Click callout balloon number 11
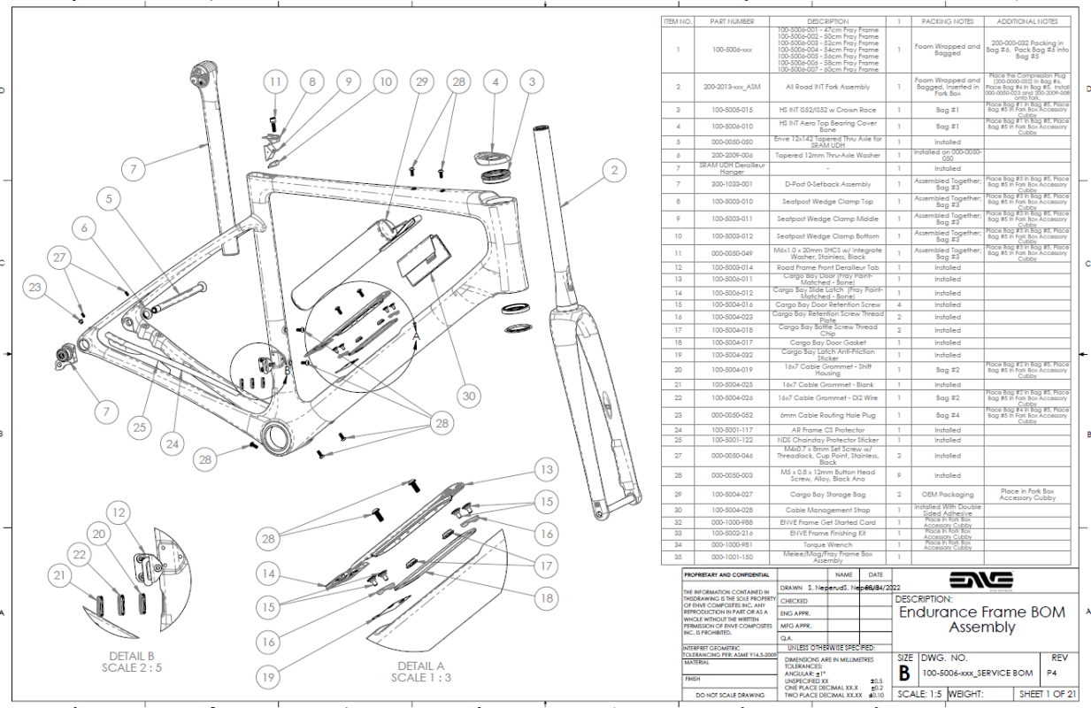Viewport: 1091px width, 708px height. pos(275,82)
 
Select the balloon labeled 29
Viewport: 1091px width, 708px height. pos(421,82)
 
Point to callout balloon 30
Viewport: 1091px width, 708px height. pos(469,396)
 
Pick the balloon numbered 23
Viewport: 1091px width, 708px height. pos(35,288)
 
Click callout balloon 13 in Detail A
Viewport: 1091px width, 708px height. pos(547,471)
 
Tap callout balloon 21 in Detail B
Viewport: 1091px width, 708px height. pos(59,576)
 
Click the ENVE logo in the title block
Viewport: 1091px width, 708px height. pos(980,581)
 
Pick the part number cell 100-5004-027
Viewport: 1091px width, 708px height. pos(730,495)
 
